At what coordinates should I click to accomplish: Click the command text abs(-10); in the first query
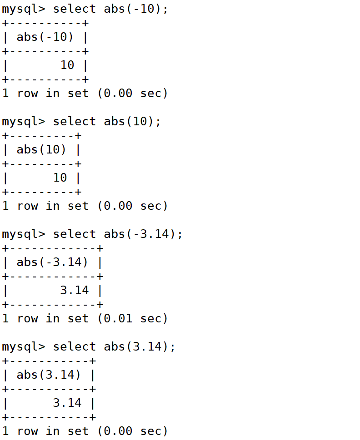tap(136, 9)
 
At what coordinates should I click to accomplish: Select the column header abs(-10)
tap(45, 37)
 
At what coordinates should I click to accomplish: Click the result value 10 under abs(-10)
tap(67, 65)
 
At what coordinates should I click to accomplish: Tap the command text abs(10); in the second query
tap(132, 121)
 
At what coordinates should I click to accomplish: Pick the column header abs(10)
tap(41, 149)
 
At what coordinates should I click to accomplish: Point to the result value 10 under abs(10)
tap(60, 178)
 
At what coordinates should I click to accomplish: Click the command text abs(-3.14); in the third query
tap(143, 234)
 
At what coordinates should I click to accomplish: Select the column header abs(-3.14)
tap(52, 262)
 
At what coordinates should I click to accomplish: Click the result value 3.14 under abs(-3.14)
tap(74, 290)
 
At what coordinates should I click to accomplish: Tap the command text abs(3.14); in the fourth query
tap(140, 346)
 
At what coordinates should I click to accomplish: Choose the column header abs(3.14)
tap(49, 375)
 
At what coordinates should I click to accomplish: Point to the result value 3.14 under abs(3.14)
tap(67, 403)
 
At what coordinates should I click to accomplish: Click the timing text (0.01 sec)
tap(132, 318)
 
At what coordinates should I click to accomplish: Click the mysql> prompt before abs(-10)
tap(24, 9)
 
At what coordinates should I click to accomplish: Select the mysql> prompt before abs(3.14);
tap(24, 346)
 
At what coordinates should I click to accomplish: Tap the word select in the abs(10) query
tap(74, 121)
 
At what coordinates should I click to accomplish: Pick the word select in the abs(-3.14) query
tap(74, 234)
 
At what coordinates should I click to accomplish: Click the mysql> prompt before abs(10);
tap(24, 121)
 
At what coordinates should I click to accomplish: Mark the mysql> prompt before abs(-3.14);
tap(24, 234)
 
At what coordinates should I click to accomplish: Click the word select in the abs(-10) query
tap(74, 9)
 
